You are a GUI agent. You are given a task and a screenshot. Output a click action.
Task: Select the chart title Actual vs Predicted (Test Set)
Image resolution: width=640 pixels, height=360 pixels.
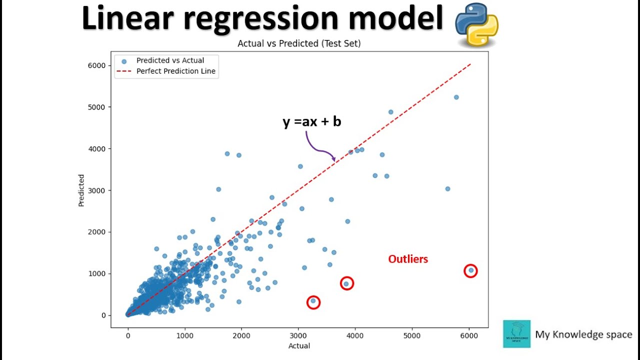click(299, 43)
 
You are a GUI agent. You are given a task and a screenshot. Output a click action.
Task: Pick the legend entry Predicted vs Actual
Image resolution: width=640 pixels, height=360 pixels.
click(170, 60)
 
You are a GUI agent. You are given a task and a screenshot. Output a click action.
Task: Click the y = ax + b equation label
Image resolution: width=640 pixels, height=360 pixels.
click(311, 121)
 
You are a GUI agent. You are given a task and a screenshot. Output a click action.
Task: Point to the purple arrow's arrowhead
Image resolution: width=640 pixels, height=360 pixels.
click(333, 160)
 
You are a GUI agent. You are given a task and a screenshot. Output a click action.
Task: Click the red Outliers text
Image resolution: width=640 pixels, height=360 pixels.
click(408, 259)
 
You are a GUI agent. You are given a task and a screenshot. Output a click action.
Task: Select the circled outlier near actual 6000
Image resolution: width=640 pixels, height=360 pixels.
click(470, 270)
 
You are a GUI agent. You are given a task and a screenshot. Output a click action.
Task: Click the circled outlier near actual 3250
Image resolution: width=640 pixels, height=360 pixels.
click(313, 301)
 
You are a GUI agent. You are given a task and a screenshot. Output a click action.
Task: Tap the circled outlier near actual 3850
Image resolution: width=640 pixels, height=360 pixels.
click(346, 283)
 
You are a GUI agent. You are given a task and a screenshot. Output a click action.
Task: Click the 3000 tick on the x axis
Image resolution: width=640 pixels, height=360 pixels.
click(298, 335)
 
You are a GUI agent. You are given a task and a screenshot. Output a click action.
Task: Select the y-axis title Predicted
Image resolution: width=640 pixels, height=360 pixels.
click(81, 190)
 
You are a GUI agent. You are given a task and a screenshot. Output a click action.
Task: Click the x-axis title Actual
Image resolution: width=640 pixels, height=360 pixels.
click(299, 346)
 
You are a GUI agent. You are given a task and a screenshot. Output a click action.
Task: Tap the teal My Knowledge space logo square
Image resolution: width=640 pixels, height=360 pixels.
click(516, 334)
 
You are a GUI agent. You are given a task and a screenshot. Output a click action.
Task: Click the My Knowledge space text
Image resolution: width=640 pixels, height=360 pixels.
click(583, 334)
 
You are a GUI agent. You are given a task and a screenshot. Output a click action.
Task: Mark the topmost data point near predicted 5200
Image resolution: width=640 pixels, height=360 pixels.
click(456, 97)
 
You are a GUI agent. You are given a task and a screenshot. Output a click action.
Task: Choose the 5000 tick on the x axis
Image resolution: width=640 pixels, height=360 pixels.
click(412, 335)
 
